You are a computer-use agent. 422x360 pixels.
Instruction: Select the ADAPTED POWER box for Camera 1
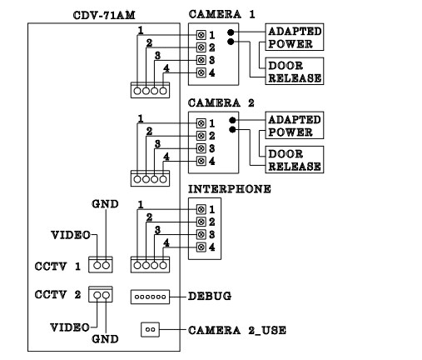(294, 36)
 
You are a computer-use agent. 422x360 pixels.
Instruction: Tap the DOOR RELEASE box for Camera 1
(294, 71)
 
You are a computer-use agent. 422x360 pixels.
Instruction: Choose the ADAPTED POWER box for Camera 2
(294, 125)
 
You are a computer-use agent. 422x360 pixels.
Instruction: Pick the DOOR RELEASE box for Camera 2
(294, 159)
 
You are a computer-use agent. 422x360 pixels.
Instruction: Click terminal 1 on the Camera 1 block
(201, 35)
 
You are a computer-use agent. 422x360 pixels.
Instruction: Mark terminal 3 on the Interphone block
(201, 234)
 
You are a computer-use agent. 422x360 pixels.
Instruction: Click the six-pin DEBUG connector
(150, 297)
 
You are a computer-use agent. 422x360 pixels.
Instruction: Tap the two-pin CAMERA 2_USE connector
(150, 329)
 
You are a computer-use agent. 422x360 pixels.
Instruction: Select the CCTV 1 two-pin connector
(101, 264)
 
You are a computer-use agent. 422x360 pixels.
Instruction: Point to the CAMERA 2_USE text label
(238, 330)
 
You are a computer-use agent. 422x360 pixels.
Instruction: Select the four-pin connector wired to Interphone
(150, 264)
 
